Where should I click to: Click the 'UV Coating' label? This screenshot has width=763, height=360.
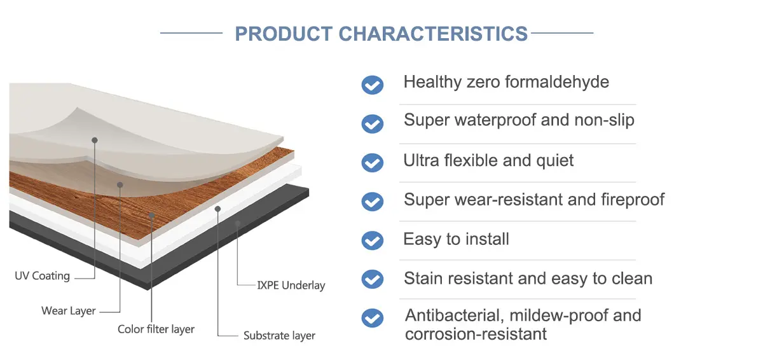point(42,276)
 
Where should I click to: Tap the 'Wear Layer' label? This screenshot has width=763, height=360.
point(69,311)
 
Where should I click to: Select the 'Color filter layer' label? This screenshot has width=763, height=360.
point(156,329)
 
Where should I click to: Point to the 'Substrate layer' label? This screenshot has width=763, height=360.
point(279,335)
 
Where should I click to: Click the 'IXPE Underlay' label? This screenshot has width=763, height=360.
point(291,285)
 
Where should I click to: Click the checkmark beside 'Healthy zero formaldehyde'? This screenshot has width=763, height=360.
point(373,85)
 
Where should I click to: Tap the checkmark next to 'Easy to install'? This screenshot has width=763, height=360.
point(373,240)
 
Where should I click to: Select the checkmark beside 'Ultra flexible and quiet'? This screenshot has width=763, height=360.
point(373,163)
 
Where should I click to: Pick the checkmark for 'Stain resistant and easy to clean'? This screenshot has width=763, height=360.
point(373,279)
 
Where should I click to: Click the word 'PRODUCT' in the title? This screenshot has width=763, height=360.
point(284,34)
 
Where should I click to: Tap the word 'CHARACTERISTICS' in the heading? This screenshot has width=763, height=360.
point(433,34)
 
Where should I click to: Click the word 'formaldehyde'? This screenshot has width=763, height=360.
point(557,82)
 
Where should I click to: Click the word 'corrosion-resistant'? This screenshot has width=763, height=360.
point(476,334)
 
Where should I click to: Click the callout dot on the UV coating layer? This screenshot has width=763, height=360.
point(95,140)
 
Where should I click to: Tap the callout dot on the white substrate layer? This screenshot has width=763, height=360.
point(217,209)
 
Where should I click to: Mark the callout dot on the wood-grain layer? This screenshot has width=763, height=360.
point(152,215)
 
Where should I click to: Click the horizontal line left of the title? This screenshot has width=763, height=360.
point(191,33)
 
